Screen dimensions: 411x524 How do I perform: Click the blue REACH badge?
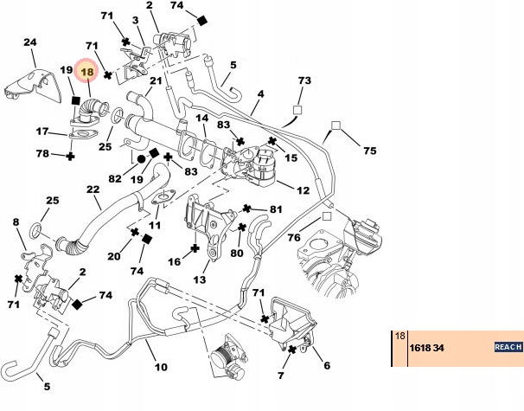click(507, 347)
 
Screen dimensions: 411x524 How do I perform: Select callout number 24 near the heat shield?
click(29, 42)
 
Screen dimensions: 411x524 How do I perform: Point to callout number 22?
click(93, 190)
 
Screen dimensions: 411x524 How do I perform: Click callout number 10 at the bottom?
click(161, 368)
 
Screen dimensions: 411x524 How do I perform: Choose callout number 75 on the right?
click(370, 150)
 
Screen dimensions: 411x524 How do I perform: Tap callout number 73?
click(304, 80)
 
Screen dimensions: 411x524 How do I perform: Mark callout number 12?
click(304, 189)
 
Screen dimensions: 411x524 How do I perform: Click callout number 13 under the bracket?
click(200, 279)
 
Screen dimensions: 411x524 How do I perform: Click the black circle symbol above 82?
click(140, 160)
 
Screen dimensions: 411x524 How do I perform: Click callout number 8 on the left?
click(16, 222)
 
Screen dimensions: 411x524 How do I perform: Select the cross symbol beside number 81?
click(247, 209)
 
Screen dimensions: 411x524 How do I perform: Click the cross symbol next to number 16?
click(196, 248)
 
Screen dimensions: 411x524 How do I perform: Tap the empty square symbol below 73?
click(297, 111)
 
